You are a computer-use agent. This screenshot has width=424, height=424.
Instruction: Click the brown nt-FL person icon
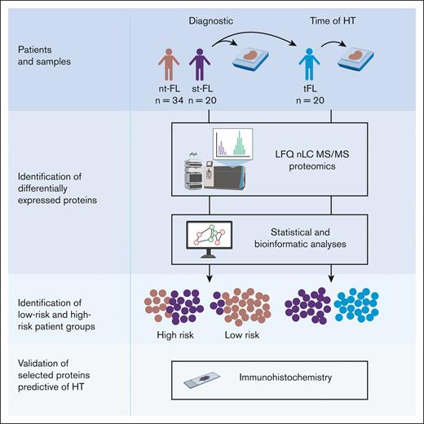tap(169, 65)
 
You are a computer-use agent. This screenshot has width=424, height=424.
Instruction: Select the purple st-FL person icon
tap(198, 65)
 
